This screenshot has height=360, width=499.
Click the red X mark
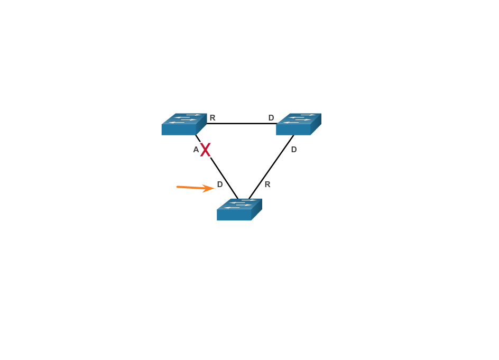205,150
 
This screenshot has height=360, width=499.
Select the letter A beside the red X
196,150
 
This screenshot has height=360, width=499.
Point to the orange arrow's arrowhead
210,188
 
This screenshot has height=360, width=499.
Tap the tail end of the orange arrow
178,187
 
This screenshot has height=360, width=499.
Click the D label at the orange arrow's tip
220,184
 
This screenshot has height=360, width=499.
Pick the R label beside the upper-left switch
212,118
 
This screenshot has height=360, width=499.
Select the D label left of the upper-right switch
271,118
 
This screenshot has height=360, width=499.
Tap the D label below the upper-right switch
294,150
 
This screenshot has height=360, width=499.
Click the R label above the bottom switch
267,184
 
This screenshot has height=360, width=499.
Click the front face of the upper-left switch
179,130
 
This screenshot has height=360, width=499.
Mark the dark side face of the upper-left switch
201,125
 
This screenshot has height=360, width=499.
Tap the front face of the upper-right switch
293,130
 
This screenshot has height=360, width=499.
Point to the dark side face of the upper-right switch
316,125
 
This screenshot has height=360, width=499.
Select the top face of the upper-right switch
299,118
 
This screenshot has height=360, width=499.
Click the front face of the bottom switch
234,215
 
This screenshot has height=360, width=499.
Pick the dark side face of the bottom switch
256,210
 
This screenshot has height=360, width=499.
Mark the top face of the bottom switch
240,204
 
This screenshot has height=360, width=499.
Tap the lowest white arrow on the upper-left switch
177,122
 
